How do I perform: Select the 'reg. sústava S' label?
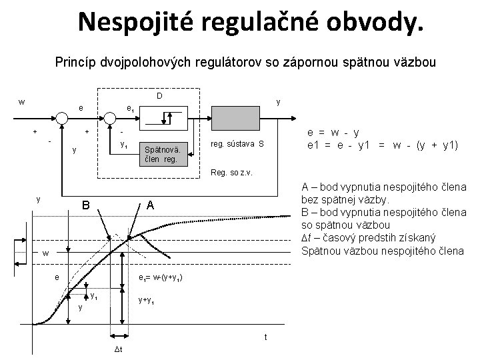(x=237, y=144)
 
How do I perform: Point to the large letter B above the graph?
(x=85, y=205)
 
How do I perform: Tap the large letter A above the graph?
(x=151, y=206)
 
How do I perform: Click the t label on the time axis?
(x=266, y=337)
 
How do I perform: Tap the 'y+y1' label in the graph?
(x=146, y=301)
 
